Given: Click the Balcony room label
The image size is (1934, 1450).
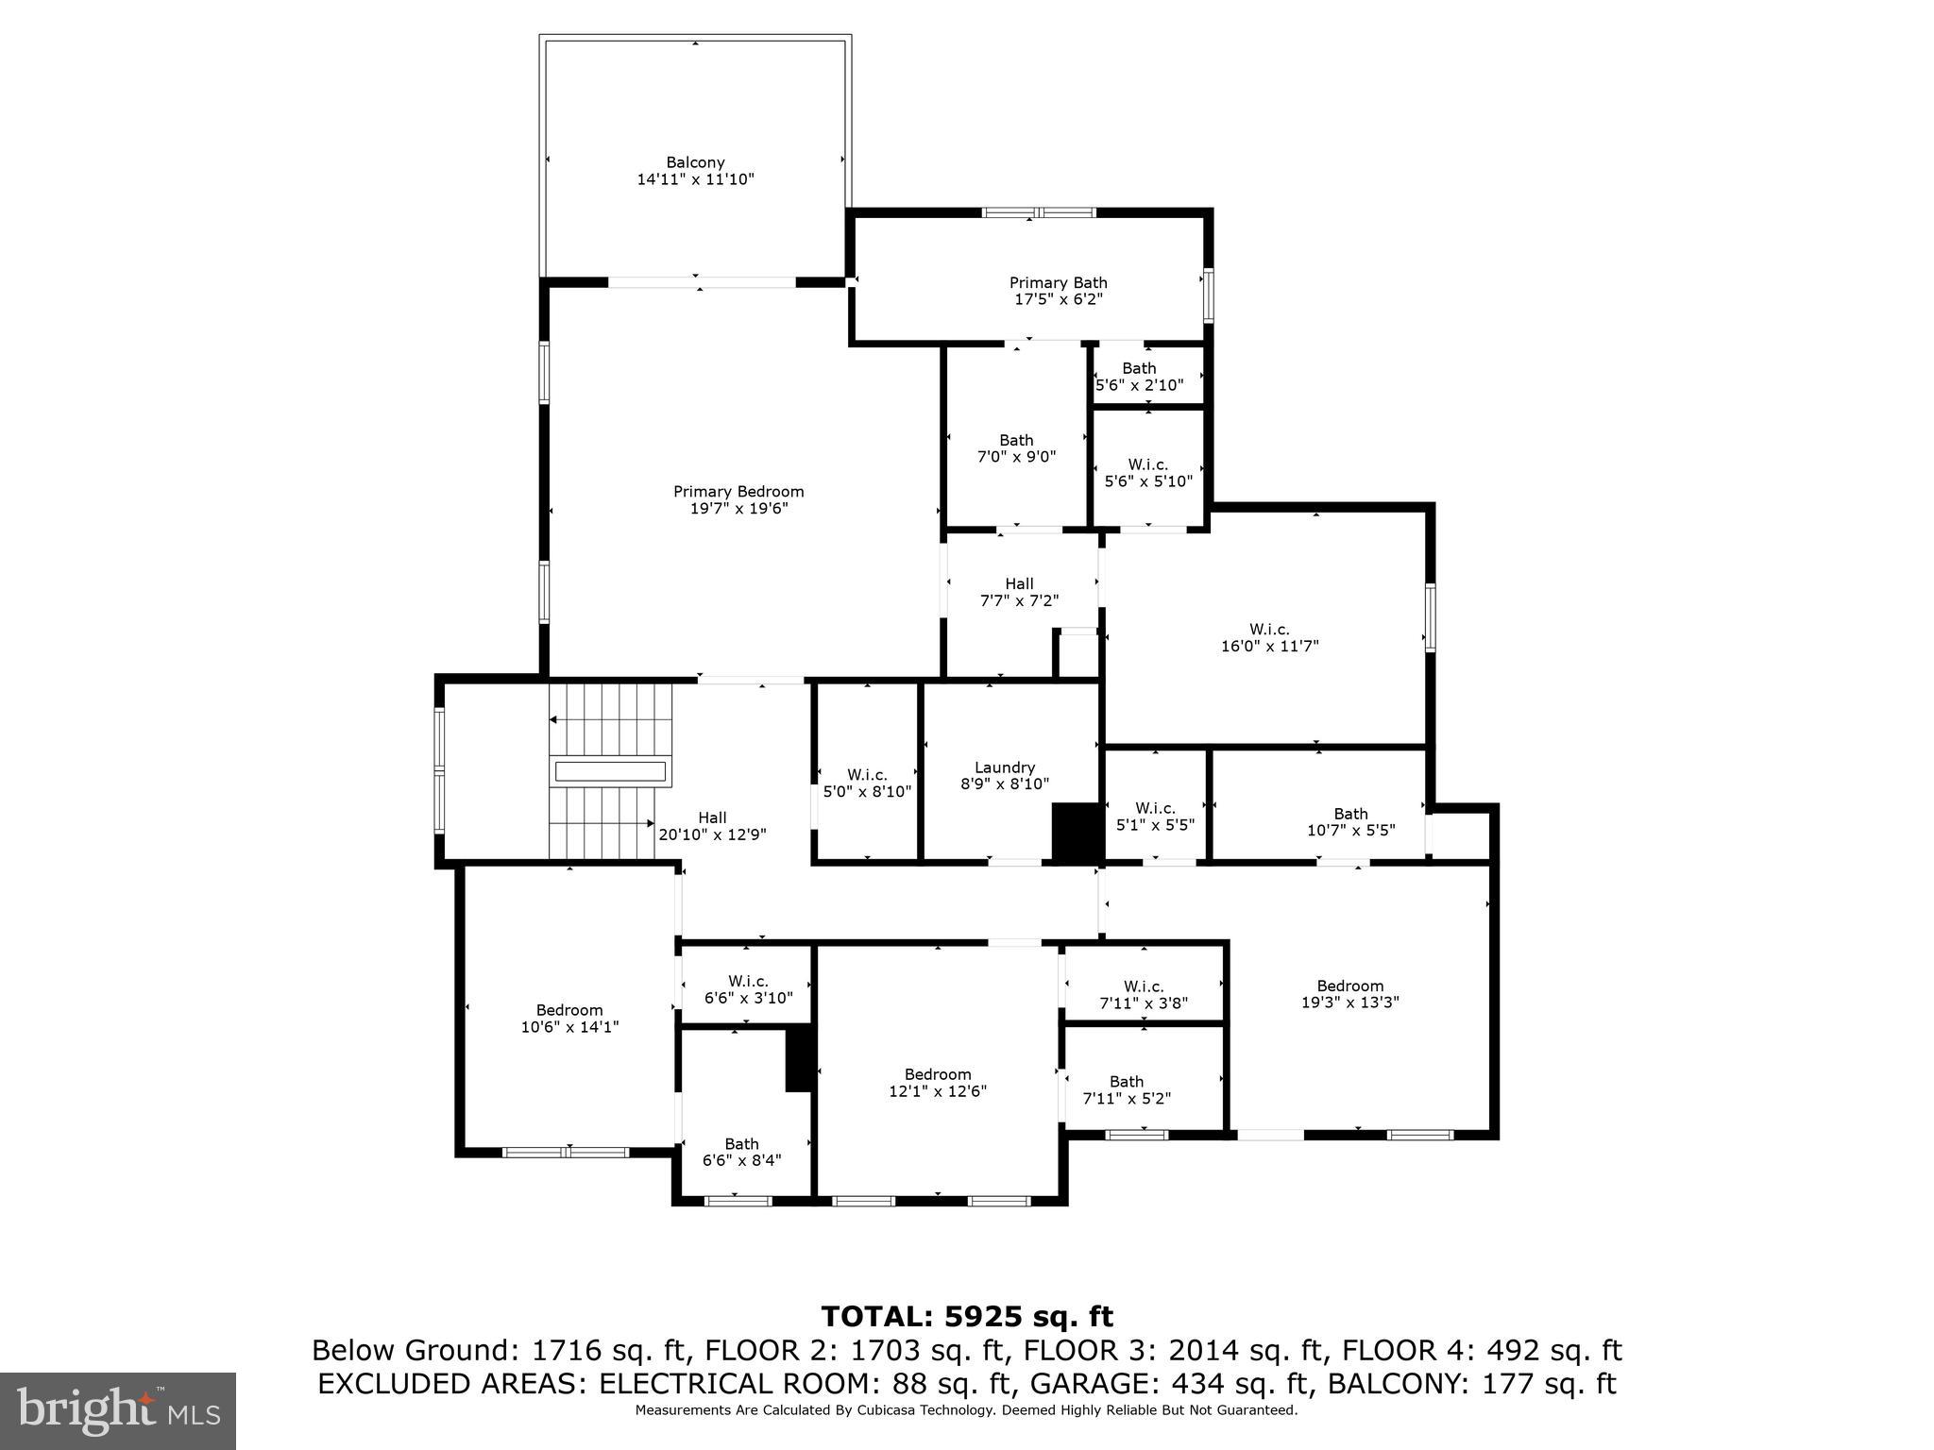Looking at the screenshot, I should click(x=695, y=163).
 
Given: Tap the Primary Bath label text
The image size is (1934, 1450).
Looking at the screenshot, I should click(x=1058, y=283).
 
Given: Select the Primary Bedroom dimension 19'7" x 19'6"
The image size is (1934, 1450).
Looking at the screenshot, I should click(x=738, y=509).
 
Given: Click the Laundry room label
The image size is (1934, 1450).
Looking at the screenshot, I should click(x=1005, y=767).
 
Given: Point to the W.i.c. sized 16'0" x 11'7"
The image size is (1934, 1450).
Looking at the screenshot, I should click(x=1269, y=638).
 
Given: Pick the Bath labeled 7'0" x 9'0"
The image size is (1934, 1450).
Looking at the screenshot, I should click(x=1016, y=448).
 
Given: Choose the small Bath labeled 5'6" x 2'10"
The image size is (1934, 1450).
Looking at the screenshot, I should click(x=1139, y=377).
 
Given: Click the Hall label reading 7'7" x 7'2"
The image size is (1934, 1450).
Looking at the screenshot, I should click(x=1019, y=592).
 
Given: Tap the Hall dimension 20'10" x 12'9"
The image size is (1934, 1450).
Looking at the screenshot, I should click(x=712, y=835).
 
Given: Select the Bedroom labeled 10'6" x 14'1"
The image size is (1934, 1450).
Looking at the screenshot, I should click(x=569, y=1019).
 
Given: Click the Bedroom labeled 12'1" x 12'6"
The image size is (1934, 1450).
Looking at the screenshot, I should click(x=938, y=1083).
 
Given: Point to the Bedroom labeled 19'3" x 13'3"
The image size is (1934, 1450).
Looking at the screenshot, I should click(x=1350, y=994).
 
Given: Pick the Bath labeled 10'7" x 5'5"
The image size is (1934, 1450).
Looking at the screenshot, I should click(x=1350, y=822).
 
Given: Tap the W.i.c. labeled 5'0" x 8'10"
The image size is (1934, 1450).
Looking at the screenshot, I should click(x=867, y=784).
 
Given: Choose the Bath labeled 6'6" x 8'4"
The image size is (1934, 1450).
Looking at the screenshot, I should click(x=742, y=1152).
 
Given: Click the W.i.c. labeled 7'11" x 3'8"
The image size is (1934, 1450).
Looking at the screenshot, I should click(x=1144, y=994).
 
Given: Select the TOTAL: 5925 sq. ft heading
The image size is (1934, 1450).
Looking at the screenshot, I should click(x=967, y=1317).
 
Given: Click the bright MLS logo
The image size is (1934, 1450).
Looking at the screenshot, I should click(x=118, y=1410).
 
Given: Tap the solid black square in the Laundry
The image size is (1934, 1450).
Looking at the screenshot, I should click(x=1077, y=832).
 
